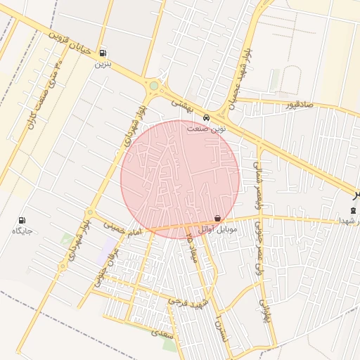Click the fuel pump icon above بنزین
pyautogui.click(x=103, y=53)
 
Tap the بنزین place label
pyautogui.click(x=103, y=63)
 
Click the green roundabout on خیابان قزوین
pyautogui.click(x=154, y=86)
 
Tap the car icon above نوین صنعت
pyautogui.click(x=206, y=117)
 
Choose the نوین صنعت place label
pyautogui.click(x=207, y=129)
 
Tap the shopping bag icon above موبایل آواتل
pyautogui.click(x=217, y=218)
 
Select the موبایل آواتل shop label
pyautogui.click(x=217, y=229)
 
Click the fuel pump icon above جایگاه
pyautogui.click(x=22, y=219)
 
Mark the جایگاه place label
pyautogui.click(x=22, y=231)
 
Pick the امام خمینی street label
pyautogui.click(x=122, y=229)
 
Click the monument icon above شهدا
pyautogui.click(x=353, y=211)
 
